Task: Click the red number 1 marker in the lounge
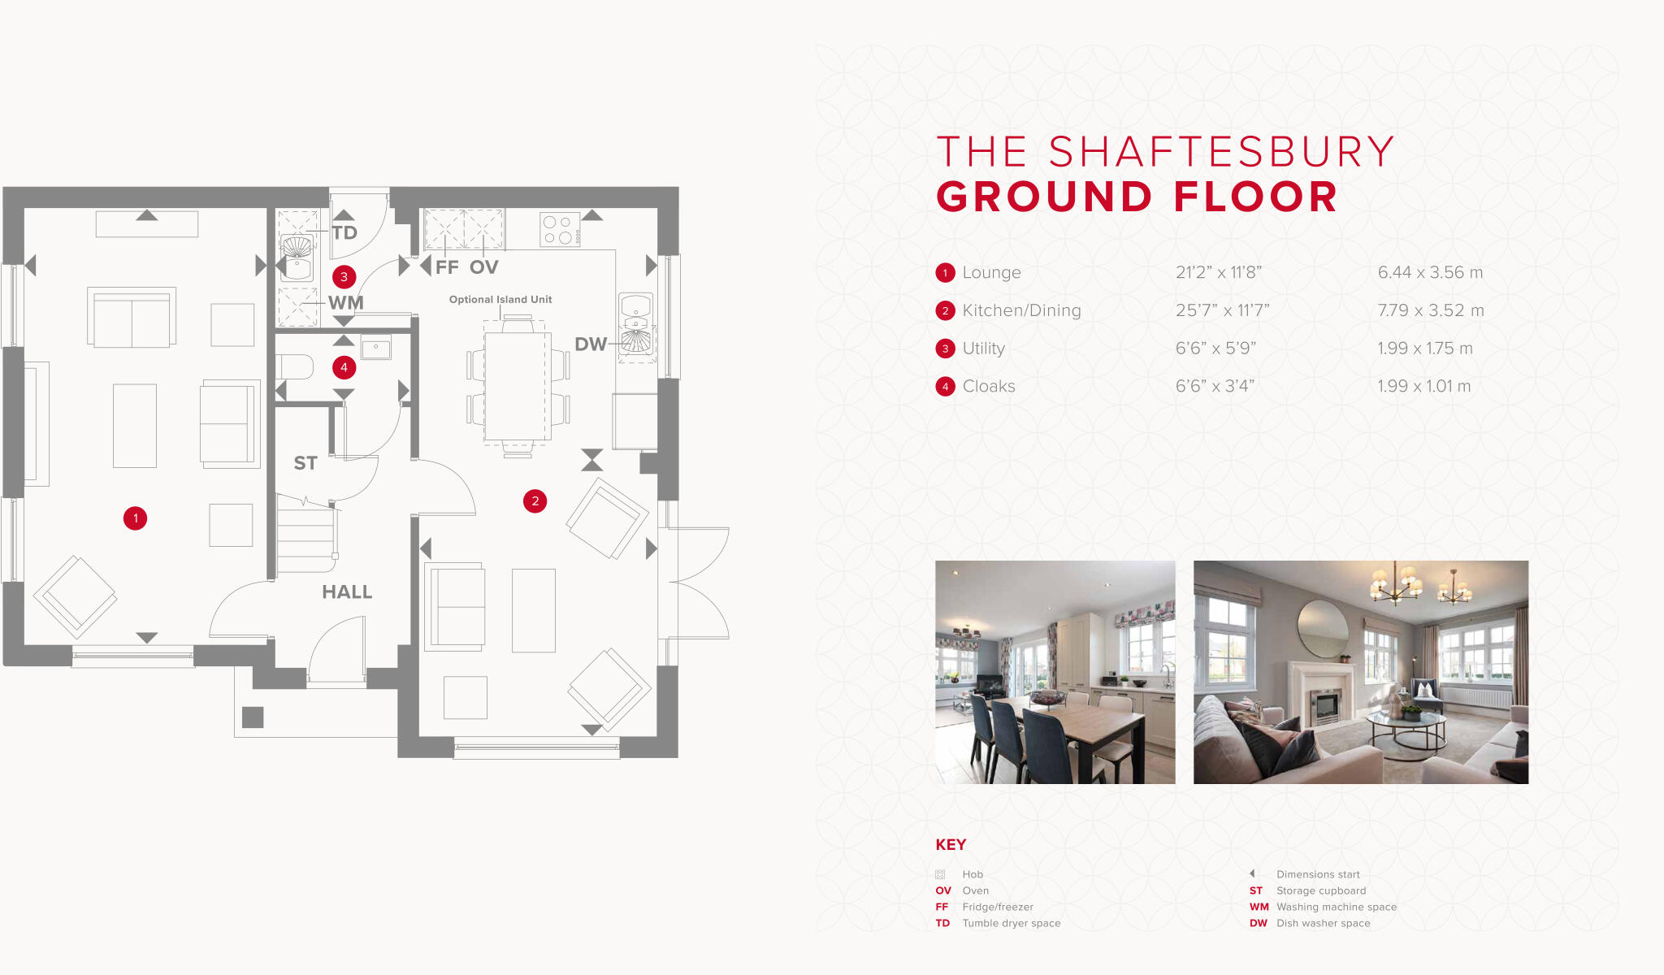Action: click(x=135, y=518)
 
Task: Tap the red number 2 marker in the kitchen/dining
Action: click(x=535, y=501)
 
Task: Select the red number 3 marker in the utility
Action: click(x=344, y=277)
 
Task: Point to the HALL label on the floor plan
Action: click(x=347, y=592)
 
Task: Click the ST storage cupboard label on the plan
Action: click(x=305, y=463)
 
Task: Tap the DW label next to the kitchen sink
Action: click(x=591, y=344)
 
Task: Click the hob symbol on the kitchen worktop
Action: click(x=559, y=229)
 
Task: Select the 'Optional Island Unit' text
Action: click(x=500, y=300)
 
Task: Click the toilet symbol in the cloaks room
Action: click(x=296, y=367)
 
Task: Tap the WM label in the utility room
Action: click(x=346, y=303)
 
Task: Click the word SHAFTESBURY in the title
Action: click(x=1221, y=153)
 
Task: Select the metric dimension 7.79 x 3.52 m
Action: click(x=1430, y=310)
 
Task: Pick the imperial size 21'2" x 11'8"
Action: click(x=1218, y=273)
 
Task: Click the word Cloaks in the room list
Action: click(x=989, y=387)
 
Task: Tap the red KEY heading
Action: click(x=951, y=845)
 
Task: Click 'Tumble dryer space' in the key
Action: click(x=1012, y=923)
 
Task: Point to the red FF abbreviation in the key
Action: click(x=942, y=907)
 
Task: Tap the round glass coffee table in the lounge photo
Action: click(x=1406, y=719)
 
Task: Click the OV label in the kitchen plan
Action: click(x=483, y=267)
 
